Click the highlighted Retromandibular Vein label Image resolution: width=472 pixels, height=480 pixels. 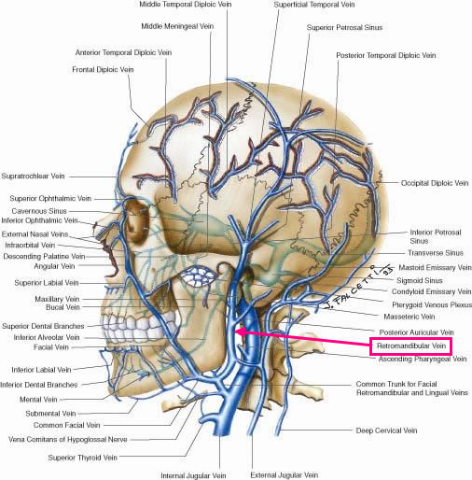coord(411,346)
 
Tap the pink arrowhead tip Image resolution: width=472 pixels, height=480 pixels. coord(235,332)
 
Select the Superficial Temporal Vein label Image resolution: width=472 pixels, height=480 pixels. coord(314,5)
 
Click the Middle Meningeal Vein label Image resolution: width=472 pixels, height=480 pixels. coord(177,26)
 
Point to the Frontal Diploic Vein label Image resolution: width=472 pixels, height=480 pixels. coord(103,69)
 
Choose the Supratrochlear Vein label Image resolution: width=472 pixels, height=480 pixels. coord(33,176)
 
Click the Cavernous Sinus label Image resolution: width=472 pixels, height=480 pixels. coord(39,211)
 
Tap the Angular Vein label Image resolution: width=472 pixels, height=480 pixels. coord(54,266)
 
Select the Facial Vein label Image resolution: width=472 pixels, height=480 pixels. coord(51,347)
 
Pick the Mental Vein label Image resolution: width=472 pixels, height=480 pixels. coord(38,400)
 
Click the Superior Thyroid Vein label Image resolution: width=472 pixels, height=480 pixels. coord(83,458)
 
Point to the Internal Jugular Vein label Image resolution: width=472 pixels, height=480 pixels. coord(193,475)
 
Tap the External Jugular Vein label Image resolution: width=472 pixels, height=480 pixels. coord(285,475)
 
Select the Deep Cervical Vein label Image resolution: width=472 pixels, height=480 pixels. coord(386,431)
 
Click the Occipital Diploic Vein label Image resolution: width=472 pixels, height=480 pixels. coord(435,183)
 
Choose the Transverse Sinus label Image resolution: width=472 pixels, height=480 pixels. coord(436,253)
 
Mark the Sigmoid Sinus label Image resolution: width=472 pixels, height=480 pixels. coord(420,280)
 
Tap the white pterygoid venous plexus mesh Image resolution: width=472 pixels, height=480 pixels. coord(199,276)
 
